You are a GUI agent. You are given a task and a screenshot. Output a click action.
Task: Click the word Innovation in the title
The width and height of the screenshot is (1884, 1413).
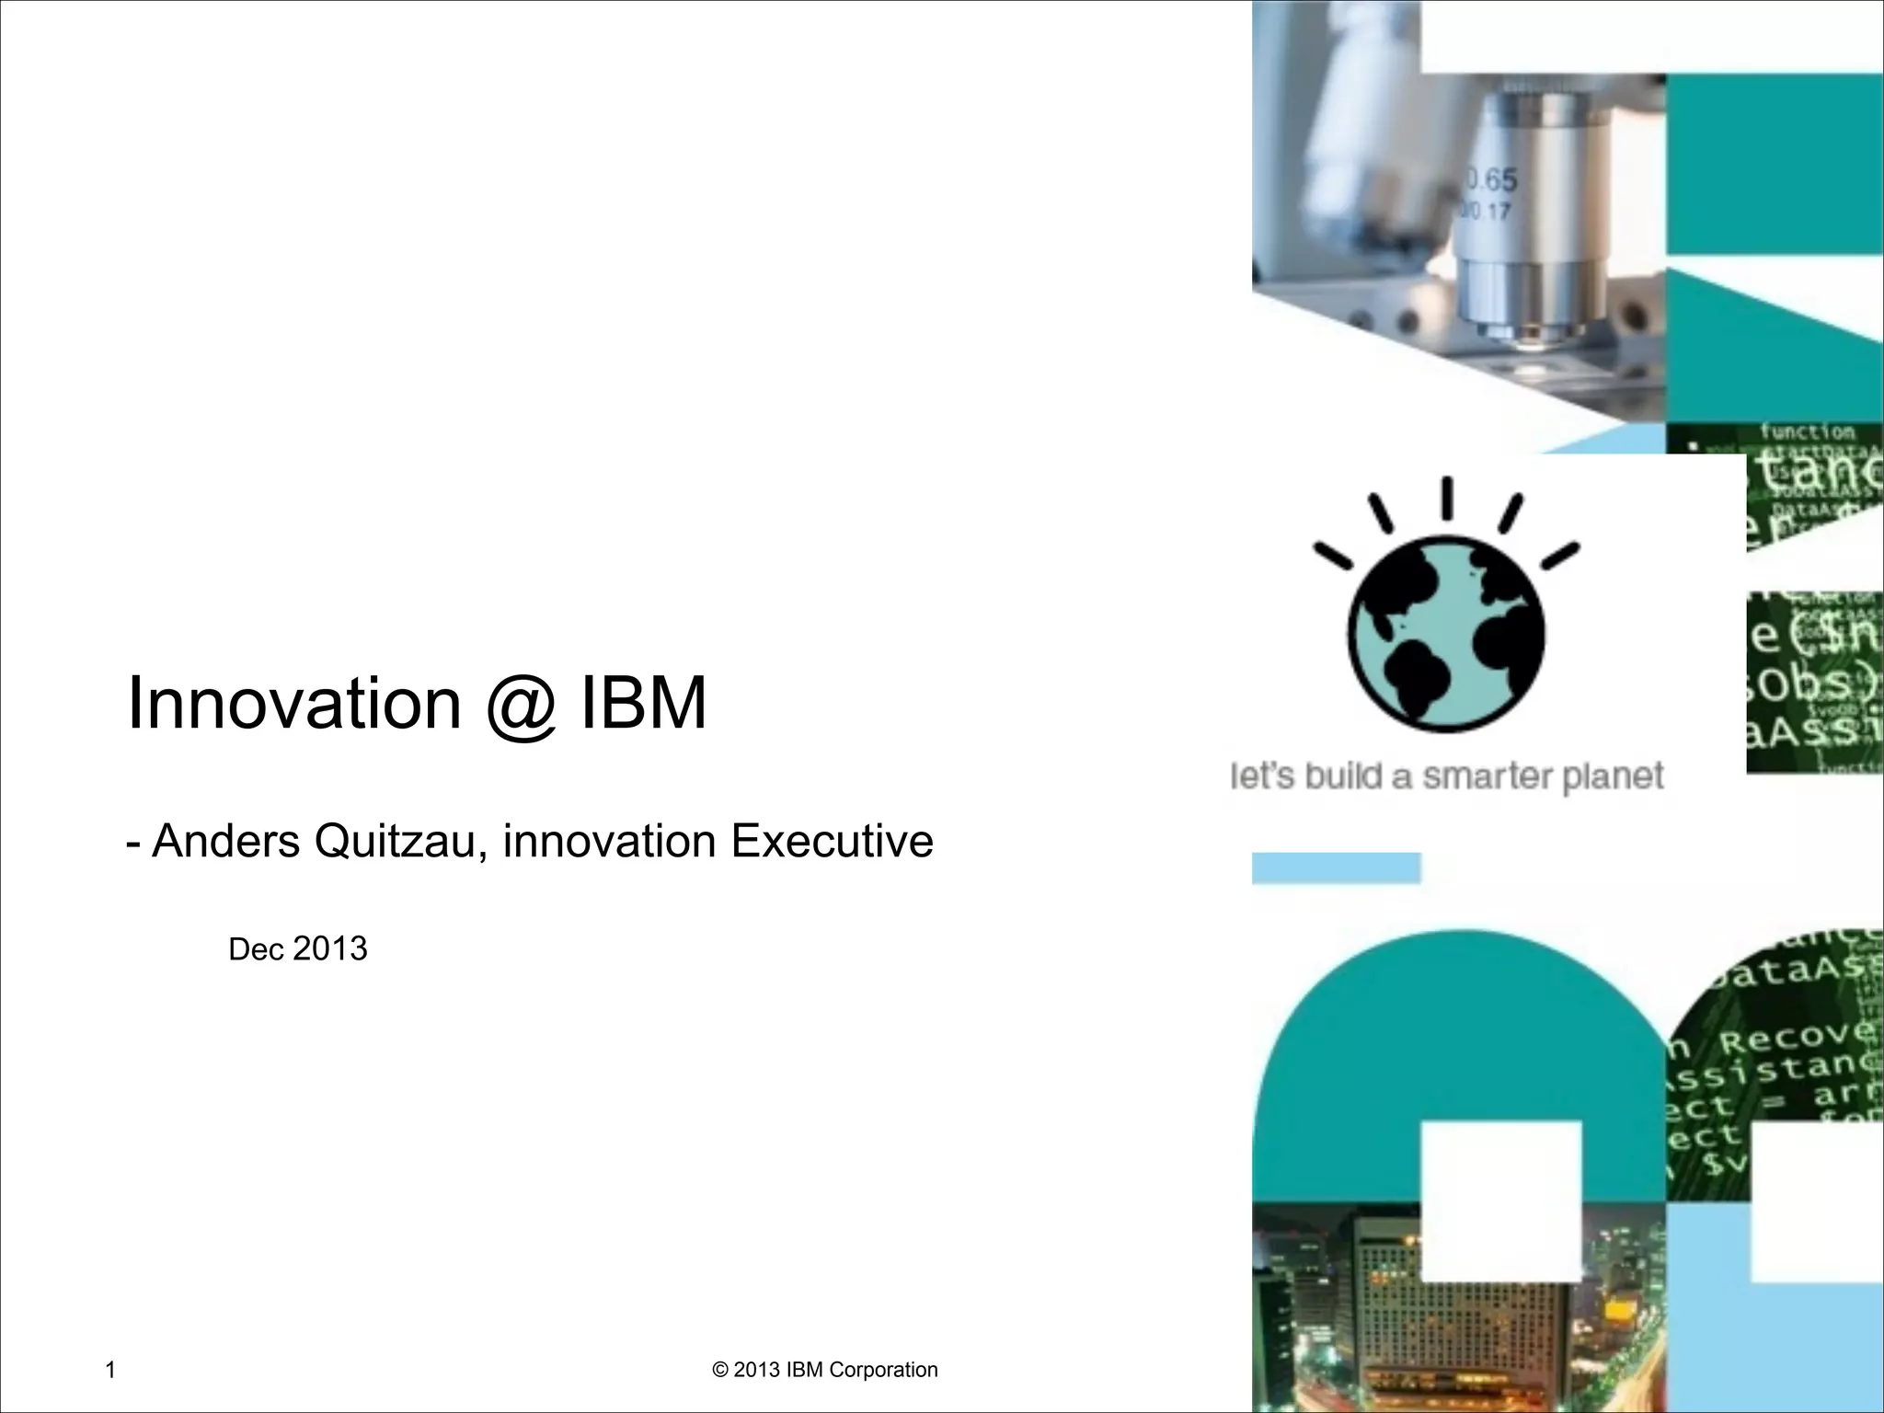tap(293, 704)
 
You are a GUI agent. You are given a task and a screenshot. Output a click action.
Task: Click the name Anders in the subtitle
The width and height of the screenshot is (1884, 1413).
tap(226, 841)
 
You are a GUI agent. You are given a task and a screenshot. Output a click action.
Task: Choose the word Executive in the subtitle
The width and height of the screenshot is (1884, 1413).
tap(832, 841)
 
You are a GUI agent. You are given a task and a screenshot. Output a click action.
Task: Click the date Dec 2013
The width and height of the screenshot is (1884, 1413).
tap(297, 948)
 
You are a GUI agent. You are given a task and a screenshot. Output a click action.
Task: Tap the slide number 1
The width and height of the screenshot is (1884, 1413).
tap(110, 1370)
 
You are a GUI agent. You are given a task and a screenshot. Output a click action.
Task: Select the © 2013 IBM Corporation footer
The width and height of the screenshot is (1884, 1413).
tap(825, 1370)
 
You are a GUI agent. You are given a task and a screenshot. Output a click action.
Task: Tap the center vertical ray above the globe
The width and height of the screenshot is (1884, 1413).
tap(1446, 498)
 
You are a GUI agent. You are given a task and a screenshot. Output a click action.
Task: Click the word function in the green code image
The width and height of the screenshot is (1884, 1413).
tap(1808, 431)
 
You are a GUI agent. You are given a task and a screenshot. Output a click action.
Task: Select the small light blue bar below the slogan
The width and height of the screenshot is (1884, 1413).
tap(1336, 867)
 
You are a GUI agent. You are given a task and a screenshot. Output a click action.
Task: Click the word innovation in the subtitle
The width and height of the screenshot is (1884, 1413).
tap(608, 841)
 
